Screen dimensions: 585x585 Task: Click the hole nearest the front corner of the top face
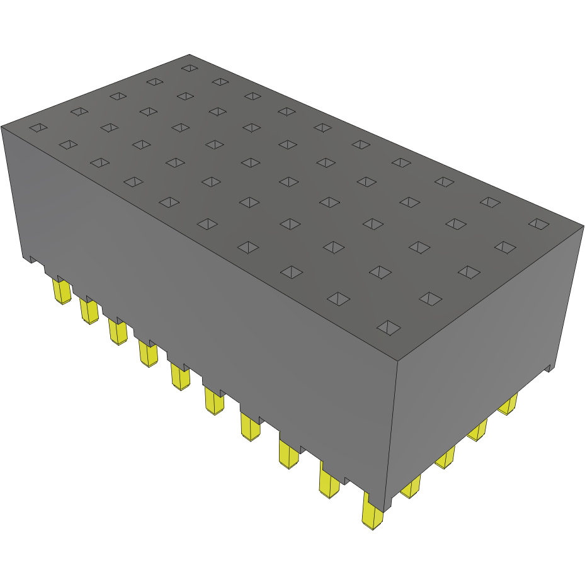click(389, 326)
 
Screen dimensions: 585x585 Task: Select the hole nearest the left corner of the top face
click(38, 128)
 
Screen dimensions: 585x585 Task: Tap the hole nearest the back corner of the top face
click(189, 67)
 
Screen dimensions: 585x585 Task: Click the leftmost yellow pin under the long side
click(61, 292)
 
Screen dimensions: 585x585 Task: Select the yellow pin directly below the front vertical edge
click(372, 512)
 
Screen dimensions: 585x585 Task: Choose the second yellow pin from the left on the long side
click(89, 311)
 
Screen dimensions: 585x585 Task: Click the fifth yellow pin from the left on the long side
click(180, 377)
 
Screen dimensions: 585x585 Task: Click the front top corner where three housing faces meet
click(397, 361)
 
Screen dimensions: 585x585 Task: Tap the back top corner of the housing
click(190, 55)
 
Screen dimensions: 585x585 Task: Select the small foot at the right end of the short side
click(549, 367)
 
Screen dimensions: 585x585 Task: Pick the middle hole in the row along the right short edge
click(466, 271)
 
